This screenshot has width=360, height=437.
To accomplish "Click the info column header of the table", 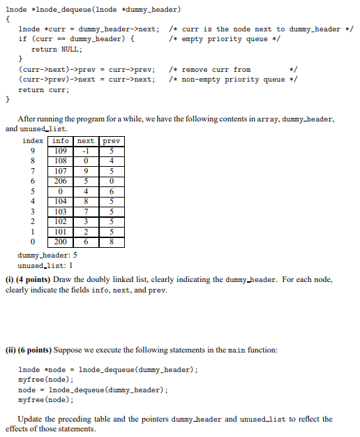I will tap(61, 141).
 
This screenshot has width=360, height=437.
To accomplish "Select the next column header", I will tap(86, 141).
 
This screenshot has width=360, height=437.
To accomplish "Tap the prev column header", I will tap(112, 141).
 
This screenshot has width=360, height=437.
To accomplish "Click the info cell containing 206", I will tap(61, 181).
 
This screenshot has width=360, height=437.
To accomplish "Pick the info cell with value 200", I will tap(61, 242).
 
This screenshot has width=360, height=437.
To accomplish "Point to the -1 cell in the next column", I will tap(86, 151).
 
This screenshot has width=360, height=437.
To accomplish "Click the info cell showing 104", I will tap(61, 201).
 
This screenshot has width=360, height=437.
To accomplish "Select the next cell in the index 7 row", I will tap(86, 171).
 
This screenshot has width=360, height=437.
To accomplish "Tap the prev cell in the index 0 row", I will tap(112, 242).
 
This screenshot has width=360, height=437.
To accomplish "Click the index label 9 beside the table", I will tap(32, 151).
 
